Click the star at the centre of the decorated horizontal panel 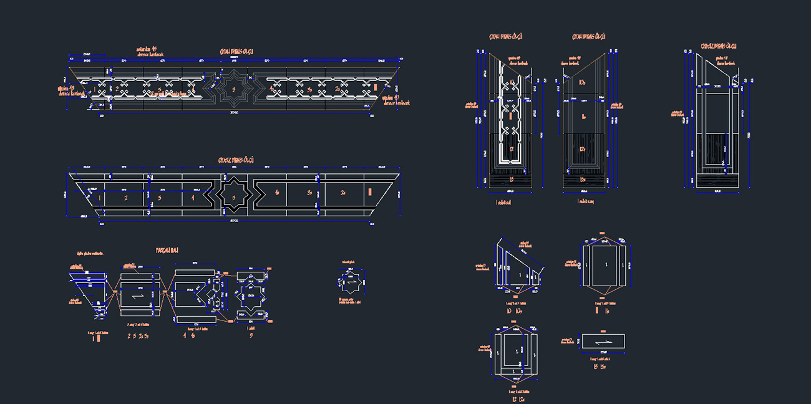(x=234, y=89)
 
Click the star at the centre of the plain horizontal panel (x=234, y=197)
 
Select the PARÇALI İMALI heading (x=167, y=250)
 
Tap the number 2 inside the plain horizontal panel (x=125, y=198)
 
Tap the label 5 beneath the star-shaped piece (x=251, y=335)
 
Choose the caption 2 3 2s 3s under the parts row (x=138, y=335)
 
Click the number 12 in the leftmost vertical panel (x=510, y=149)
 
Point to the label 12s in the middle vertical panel (x=583, y=149)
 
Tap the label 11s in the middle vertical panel (x=583, y=117)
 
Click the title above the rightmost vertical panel (x=719, y=46)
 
